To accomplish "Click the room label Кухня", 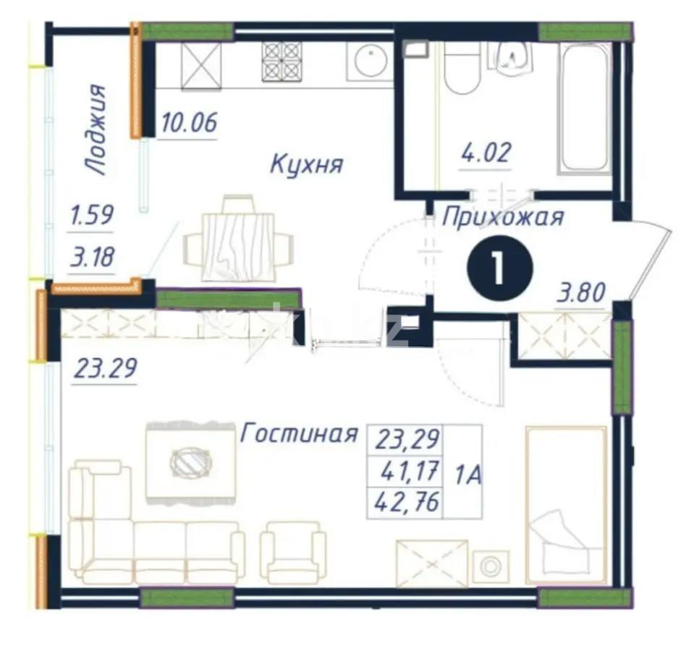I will point(306,163).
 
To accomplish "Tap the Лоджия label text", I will point(95,130).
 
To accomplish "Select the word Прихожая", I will point(502,216).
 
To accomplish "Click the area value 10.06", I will point(189,124).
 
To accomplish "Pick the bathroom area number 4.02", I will point(486,153).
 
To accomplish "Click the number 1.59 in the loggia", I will point(91,216).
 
